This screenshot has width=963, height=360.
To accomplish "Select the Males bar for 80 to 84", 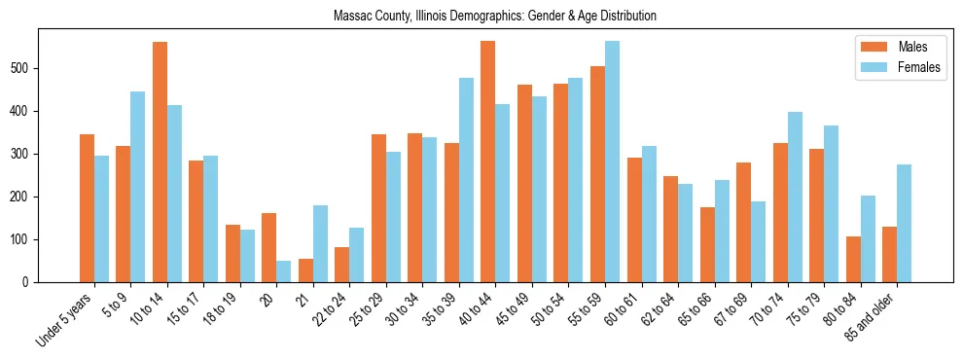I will tap(853, 259).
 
